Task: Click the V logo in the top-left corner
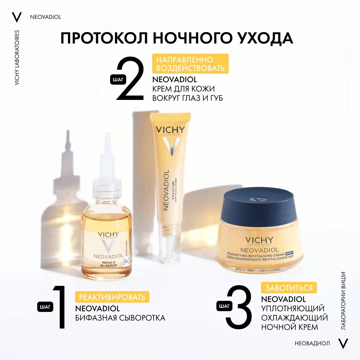(17, 17)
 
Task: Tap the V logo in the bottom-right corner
(343, 343)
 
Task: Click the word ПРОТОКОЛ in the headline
(104, 38)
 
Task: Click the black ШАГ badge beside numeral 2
(118, 80)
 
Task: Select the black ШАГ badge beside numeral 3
(224, 306)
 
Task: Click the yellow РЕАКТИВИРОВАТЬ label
(112, 297)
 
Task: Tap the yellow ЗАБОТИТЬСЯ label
(289, 288)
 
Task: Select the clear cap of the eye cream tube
(169, 249)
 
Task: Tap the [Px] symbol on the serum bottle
(127, 261)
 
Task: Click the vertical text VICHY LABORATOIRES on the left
(17, 58)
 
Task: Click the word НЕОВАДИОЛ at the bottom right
(312, 343)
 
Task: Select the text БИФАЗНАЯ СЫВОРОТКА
(120, 318)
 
